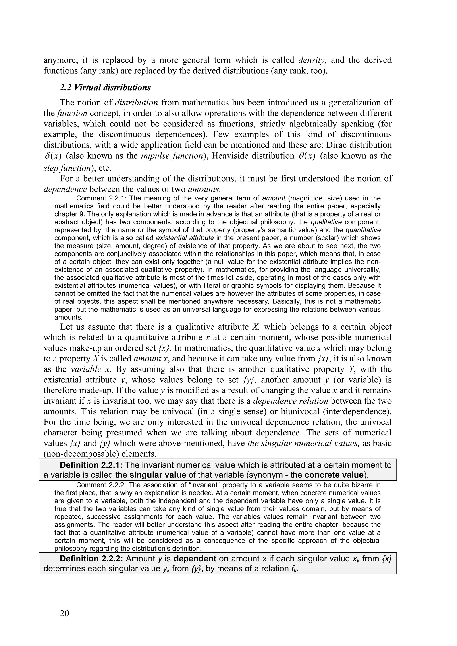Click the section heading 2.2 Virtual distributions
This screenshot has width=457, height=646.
pyautogui.click(x=105, y=87)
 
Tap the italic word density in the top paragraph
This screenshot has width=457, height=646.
pyautogui.click(x=312, y=60)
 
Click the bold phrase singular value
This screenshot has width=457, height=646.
pyautogui.click(x=158, y=475)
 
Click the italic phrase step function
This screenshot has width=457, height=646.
pyautogui.click(x=66, y=168)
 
